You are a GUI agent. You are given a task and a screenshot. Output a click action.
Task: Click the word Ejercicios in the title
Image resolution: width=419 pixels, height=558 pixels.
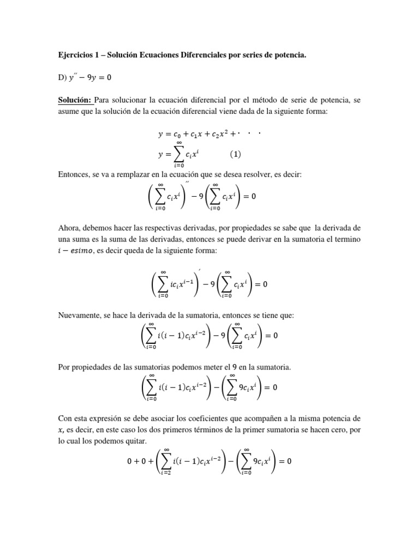pyautogui.click(x=77, y=55)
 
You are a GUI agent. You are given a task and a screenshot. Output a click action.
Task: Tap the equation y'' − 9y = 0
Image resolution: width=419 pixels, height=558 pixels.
pyautogui.click(x=90, y=78)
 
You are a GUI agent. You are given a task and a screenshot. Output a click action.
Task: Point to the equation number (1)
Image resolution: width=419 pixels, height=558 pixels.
pyautogui.click(x=235, y=154)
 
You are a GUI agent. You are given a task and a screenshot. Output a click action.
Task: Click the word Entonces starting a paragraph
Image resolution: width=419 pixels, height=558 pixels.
pyautogui.click(x=74, y=174)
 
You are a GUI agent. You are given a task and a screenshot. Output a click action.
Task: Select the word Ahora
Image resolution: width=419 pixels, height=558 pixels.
pyautogui.click(x=70, y=227)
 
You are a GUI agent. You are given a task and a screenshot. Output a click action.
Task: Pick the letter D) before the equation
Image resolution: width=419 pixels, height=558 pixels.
pyautogui.click(x=62, y=78)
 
